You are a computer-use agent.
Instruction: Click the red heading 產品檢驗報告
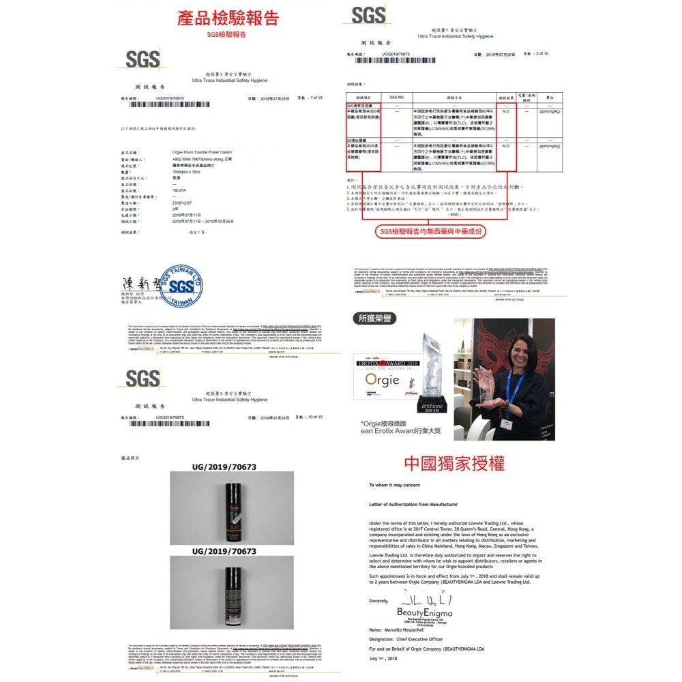coord(227,18)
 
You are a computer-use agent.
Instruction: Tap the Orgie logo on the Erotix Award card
coord(382,379)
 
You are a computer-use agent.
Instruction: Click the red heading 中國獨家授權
coord(454,464)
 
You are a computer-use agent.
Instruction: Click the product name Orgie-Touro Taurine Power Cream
coord(203,152)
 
